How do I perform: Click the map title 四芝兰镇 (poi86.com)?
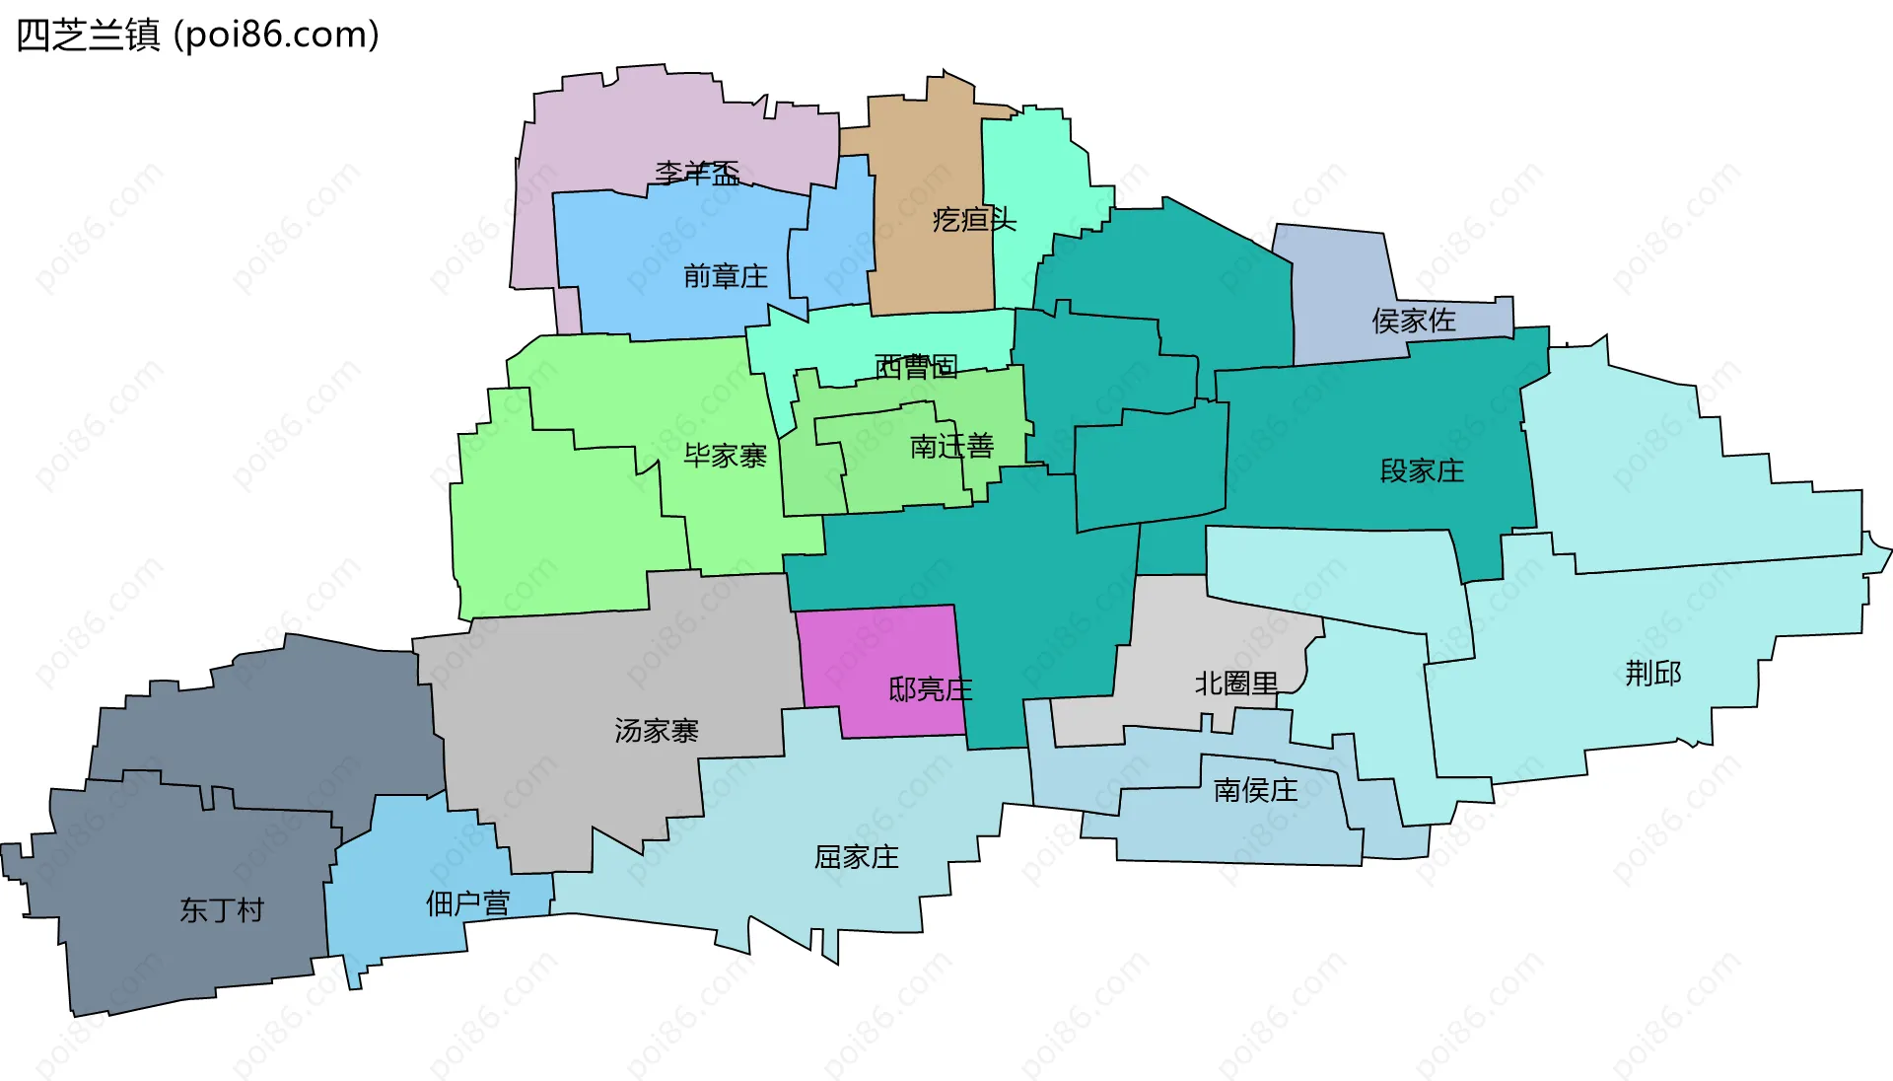pyautogui.click(x=197, y=36)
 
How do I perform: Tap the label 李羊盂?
pyautogui.click(x=697, y=174)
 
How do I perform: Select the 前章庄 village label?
pyautogui.click(x=726, y=276)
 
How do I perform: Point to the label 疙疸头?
pyautogui.click(x=974, y=219)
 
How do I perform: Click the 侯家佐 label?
pyautogui.click(x=1413, y=321)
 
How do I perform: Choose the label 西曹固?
pyautogui.click(x=916, y=367)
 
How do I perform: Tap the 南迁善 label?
pyautogui.click(x=951, y=447)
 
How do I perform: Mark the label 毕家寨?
pyautogui.click(x=726, y=456)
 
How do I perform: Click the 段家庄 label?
pyautogui.click(x=1422, y=471)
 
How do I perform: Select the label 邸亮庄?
pyautogui.click(x=930, y=689)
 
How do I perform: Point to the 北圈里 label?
pyautogui.click(x=1236, y=684)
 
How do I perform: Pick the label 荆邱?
pyautogui.click(x=1653, y=674)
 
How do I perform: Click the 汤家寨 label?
pyautogui.click(x=657, y=731)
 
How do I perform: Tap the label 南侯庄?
pyautogui.click(x=1255, y=790)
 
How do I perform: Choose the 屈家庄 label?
pyautogui.click(x=857, y=857)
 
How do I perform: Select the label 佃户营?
pyautogui.click(x=467, y=903)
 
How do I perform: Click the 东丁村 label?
pyautogui.click(x=222, y=910)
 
